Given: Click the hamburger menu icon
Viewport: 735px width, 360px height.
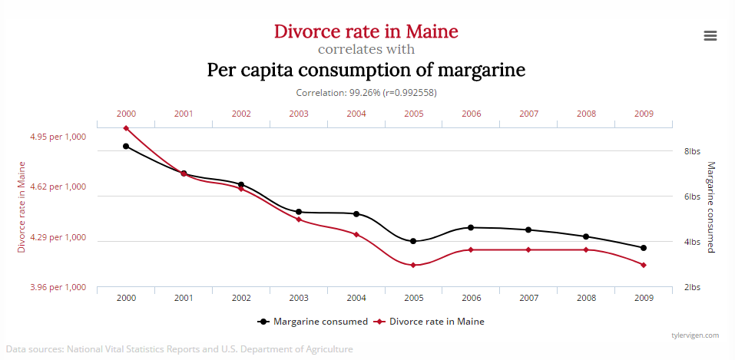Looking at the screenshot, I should pyautogui.click(x=710, y=35).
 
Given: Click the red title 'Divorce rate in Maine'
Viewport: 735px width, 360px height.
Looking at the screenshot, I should pyautogui.click(x=366, y=31).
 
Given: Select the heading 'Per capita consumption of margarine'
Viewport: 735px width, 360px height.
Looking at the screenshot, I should pyautogui.click(x=366, y=70).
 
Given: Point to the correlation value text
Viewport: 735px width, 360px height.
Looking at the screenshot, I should pyautogui.click(x=366, y=92).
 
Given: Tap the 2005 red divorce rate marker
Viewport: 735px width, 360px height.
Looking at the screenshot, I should pyautogui.click(x=413, y=265).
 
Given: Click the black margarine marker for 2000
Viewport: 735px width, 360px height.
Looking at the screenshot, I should pyautogui.click(x=126, y=146).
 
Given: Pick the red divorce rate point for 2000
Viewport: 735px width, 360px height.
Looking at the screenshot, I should pyautogui.click(x=126, y=128).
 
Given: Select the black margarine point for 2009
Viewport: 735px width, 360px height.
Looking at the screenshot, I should pyautogui.click(x=644, y=248).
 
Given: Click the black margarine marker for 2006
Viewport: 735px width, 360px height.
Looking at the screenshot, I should pyautogui.click(x=471, y=227).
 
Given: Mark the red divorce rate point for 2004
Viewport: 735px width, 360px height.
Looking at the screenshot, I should pyautogui.click(x=356, y=234).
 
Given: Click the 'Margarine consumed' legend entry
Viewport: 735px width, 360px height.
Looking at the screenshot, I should pyautogui.click(x=313, y=322).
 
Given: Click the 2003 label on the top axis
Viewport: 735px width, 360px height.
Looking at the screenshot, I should pyautogui.click(x=299, y=114).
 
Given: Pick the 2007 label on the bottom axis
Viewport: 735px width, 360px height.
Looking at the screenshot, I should pyautogui.click(x=528, y=298).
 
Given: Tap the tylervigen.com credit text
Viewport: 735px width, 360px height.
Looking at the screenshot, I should pyautogui.click(x=694, y=335).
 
